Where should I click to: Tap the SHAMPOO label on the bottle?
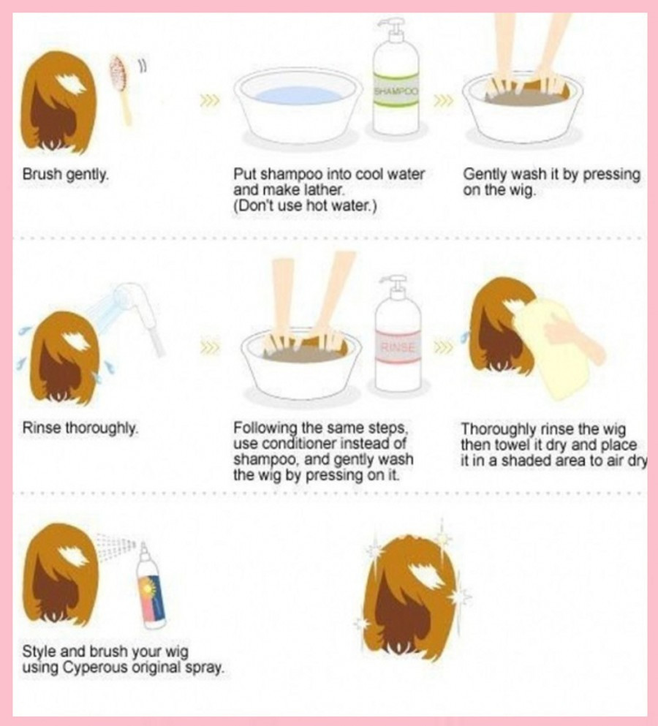pos(396,91)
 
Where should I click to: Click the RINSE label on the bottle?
pos(398,347)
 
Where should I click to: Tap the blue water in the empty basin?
pos(299,96)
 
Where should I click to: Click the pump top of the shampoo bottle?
pos(391,29)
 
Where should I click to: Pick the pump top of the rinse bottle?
pos(393,286)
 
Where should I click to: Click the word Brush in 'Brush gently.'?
pos(42,175)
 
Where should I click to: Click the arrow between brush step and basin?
pos(209,100)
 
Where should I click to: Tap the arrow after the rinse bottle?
pos(443,347)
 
